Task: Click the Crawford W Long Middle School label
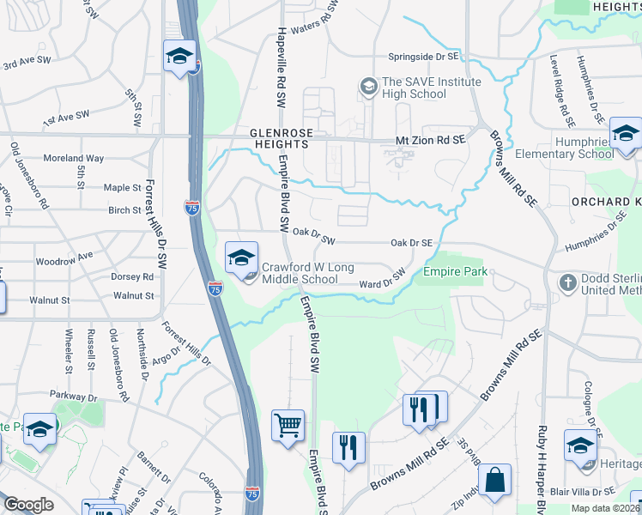[x=300, y=273]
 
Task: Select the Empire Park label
[x=455, y=272]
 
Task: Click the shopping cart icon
[x=288, y=425]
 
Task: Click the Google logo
[x=28, y=505]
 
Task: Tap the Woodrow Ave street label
[x=63, y=257]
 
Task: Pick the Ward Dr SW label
[x=381, y=280]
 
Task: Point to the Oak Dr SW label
[x=313, y=232]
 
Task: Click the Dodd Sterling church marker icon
[x=567, y=282]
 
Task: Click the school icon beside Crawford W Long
[x=241, y=256]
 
